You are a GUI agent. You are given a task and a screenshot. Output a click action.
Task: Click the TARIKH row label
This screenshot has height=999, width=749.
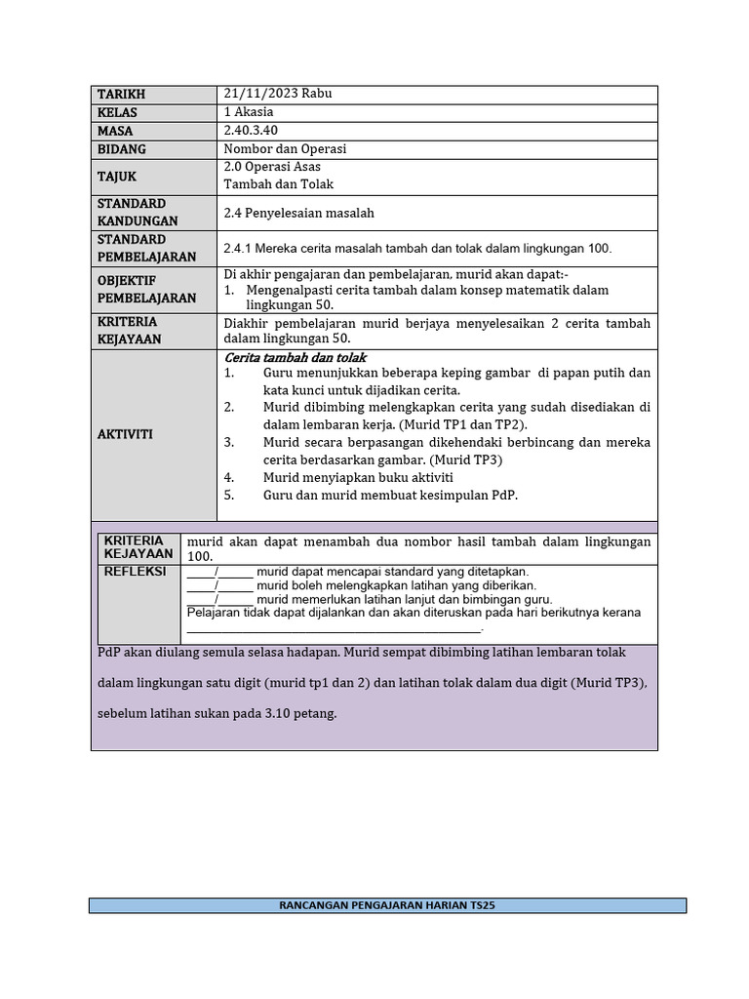[121, 95]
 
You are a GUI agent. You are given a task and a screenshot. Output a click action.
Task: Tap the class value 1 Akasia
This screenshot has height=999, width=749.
[249, 112]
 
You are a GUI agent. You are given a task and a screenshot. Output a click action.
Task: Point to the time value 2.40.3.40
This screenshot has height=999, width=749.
[251, 131]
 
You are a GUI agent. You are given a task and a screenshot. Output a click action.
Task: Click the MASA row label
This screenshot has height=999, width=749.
[115, 131]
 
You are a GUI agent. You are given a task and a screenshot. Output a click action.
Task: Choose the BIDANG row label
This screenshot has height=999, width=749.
[121, 149]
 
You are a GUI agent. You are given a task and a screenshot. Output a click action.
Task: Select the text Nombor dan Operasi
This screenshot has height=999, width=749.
[285, 149]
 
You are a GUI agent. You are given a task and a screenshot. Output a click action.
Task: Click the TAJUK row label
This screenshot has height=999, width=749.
[117, 177]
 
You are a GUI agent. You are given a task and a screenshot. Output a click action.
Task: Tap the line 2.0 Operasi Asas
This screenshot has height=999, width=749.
[272, 167]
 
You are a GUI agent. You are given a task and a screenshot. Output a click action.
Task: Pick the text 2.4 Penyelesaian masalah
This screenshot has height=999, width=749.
[298, 213]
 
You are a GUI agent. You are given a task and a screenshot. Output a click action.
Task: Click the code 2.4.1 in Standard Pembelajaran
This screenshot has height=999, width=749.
[240, 249]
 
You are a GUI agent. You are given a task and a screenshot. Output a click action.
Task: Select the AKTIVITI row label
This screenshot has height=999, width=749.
[125, 434]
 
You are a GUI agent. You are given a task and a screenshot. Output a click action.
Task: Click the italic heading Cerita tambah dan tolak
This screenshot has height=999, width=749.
[295, 358]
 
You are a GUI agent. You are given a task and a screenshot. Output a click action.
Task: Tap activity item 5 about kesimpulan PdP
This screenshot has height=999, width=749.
[390, 495]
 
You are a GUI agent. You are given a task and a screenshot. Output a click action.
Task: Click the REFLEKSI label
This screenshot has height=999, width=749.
[135, 572]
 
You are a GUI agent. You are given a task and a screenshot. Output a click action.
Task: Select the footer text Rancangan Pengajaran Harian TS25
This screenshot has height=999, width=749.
[387, 905]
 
